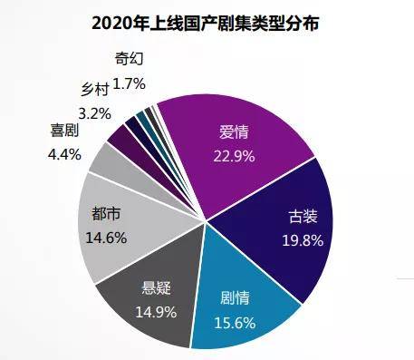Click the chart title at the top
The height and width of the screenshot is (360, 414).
[206, 20]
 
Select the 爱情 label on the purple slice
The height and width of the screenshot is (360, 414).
[234, 132]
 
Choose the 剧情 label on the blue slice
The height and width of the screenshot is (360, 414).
[236, 297]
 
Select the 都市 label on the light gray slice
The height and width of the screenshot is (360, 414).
[107, 216]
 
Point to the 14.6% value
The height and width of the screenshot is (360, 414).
[107, 238]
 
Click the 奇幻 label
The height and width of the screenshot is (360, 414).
[130, 60]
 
